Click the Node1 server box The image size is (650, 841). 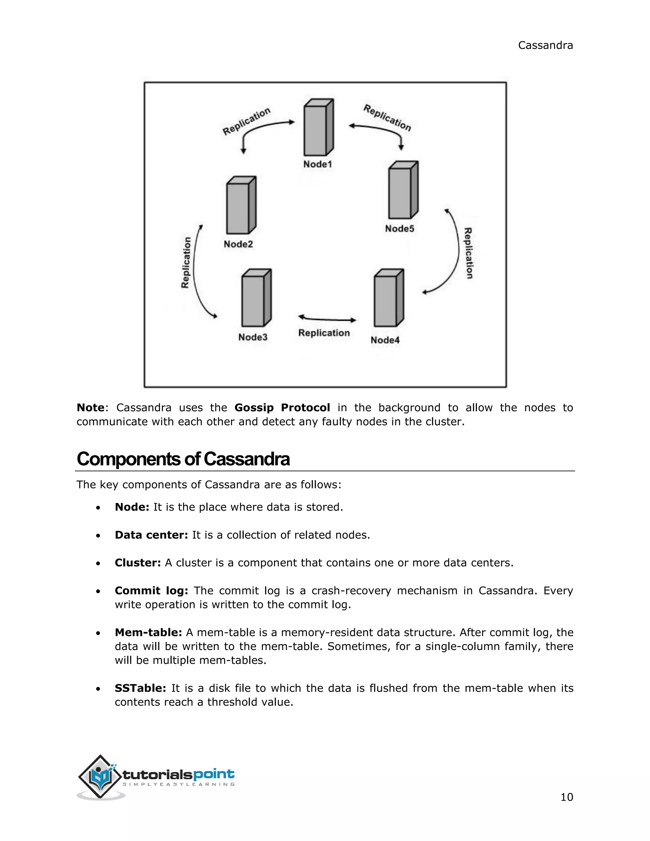point(318,128)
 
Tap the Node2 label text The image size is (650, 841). point(238,244)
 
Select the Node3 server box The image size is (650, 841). point(256,298)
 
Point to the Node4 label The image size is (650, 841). point(385,340)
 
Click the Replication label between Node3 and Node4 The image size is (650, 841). point(324,333)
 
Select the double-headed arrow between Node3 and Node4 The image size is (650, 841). point(327,319)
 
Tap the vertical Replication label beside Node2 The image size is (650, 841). point(186,263)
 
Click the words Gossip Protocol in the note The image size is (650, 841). point(282,407)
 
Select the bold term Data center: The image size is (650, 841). point(151,535)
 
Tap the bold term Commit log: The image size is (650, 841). point(151,591)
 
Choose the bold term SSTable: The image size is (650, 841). point(140,688)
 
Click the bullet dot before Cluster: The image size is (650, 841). point(99,563)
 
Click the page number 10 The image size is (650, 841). point(567,797)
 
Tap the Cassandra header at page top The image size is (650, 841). point(545,45)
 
